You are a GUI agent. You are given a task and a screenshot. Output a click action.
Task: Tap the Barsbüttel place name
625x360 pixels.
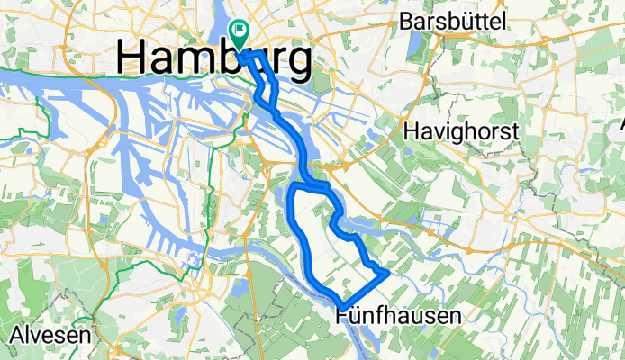click(456, 21)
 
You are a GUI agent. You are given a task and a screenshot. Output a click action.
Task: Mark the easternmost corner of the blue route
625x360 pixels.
click(388, 269)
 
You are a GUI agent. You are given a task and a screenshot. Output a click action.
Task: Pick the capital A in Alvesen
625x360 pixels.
click(16, 335)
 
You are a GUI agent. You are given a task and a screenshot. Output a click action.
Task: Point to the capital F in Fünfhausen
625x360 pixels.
click(342, 315)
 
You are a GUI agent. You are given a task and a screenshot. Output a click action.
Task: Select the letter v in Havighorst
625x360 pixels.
click(440, 131)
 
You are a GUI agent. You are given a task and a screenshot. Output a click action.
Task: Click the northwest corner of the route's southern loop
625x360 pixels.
click(298, 184)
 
